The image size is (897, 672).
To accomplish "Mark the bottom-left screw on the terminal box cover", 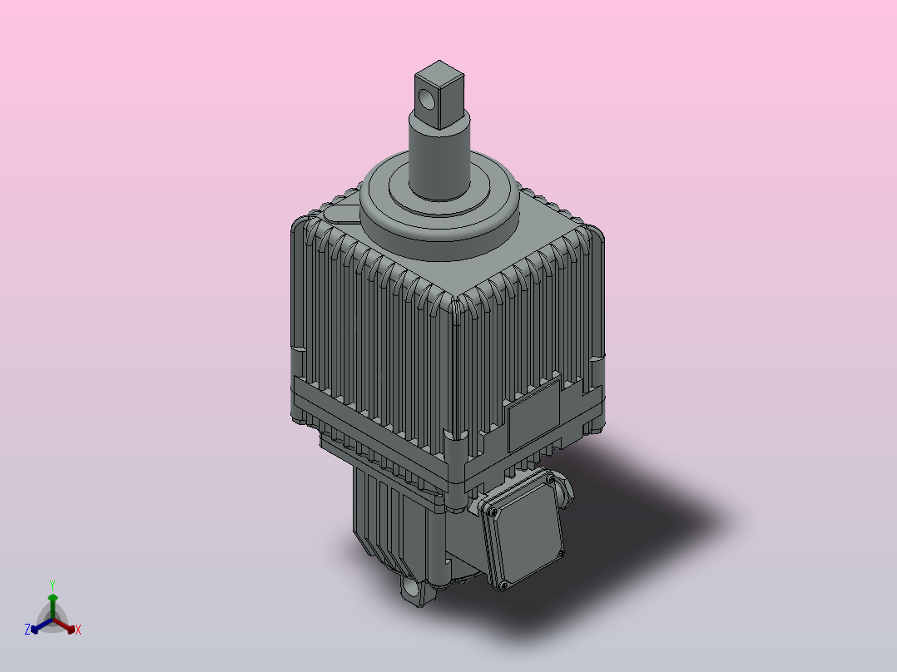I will [x=502, y=587].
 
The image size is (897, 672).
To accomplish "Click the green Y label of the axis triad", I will [x=52, y=584].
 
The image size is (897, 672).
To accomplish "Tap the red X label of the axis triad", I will [x=78, y=630].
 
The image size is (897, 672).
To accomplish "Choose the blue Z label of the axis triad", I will [x=27, y=630].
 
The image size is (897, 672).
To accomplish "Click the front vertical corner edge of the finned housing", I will [x=455, y=374].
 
